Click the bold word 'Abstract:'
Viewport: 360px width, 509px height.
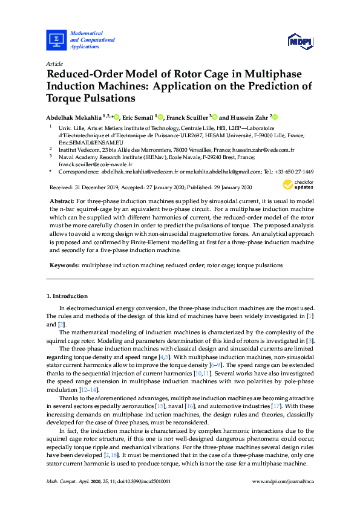coord(61,199)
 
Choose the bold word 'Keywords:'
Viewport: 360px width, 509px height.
coord(64,265)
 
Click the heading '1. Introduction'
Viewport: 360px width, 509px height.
coord(67,296)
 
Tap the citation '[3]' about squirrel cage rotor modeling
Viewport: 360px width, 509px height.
coord(310,340)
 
